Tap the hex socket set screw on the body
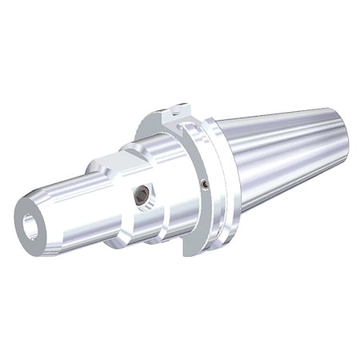(142, 194)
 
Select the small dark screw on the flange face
(206, 184)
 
